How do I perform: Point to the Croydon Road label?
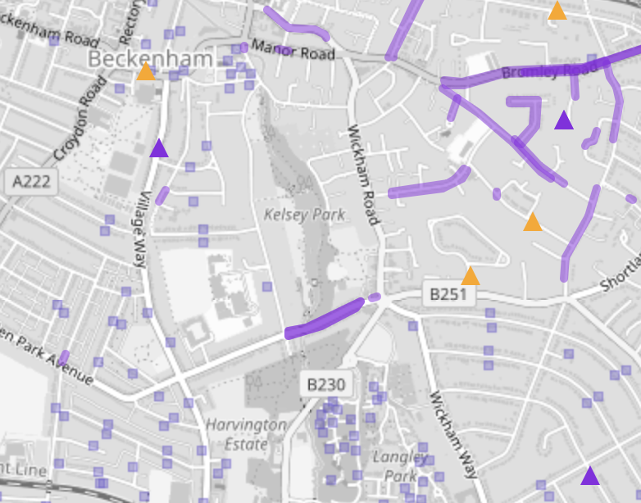80,118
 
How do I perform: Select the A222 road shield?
32,182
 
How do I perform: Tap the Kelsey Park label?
304,215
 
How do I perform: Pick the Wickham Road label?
364,174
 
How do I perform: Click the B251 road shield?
448,293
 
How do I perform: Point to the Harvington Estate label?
246,434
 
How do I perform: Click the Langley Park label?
399,465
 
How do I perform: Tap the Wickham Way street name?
452,434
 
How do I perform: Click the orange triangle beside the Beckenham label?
146,72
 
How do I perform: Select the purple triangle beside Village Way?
159,148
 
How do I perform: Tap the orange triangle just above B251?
470,276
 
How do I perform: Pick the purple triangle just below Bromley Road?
563,121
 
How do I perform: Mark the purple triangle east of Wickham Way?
590,475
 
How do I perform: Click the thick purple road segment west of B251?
324,319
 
